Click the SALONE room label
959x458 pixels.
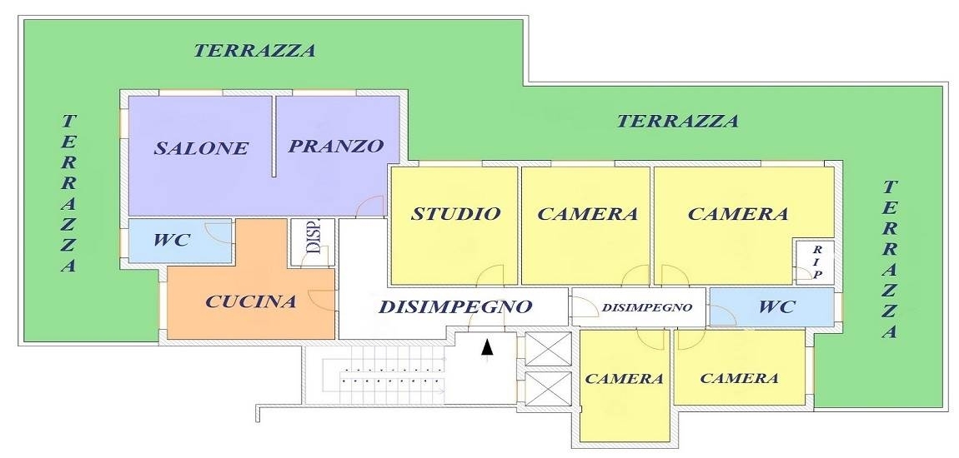(201, 148)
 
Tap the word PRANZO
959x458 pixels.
(336, 146)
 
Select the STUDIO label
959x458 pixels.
(455, 214)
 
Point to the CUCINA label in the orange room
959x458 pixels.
(251, 301)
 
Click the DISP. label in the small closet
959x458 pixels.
(313, 238)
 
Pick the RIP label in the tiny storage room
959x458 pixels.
(816, 262)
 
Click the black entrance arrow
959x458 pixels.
(487, 347)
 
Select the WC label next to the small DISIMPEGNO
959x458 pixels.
(776, 306)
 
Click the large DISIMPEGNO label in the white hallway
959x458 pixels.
(455, 306)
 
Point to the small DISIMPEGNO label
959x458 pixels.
(647, 307)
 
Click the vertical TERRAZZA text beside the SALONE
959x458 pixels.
(69, 192)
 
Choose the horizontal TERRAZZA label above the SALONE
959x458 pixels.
(254, 51)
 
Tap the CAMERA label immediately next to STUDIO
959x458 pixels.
(587, 214)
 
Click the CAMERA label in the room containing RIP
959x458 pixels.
(738, 214)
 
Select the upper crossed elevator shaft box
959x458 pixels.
(548, 349)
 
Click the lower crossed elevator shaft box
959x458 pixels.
(548, 389)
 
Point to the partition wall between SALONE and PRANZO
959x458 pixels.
(274, 137)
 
